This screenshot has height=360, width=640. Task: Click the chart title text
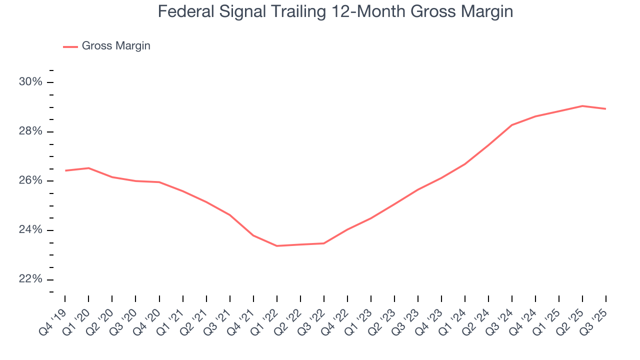point(335,11)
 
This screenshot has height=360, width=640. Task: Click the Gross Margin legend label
point(116,46)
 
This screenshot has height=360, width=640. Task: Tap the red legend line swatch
point(70,46)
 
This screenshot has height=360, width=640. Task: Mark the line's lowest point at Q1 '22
point(277,246)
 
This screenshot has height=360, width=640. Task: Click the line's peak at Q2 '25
point(582,106)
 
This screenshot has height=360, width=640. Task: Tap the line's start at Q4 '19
point(65,170)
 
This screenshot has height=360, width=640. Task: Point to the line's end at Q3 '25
point(606,109)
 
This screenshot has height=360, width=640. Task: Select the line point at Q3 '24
point(512,125)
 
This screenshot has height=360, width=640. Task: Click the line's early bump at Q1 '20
point(88,168)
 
